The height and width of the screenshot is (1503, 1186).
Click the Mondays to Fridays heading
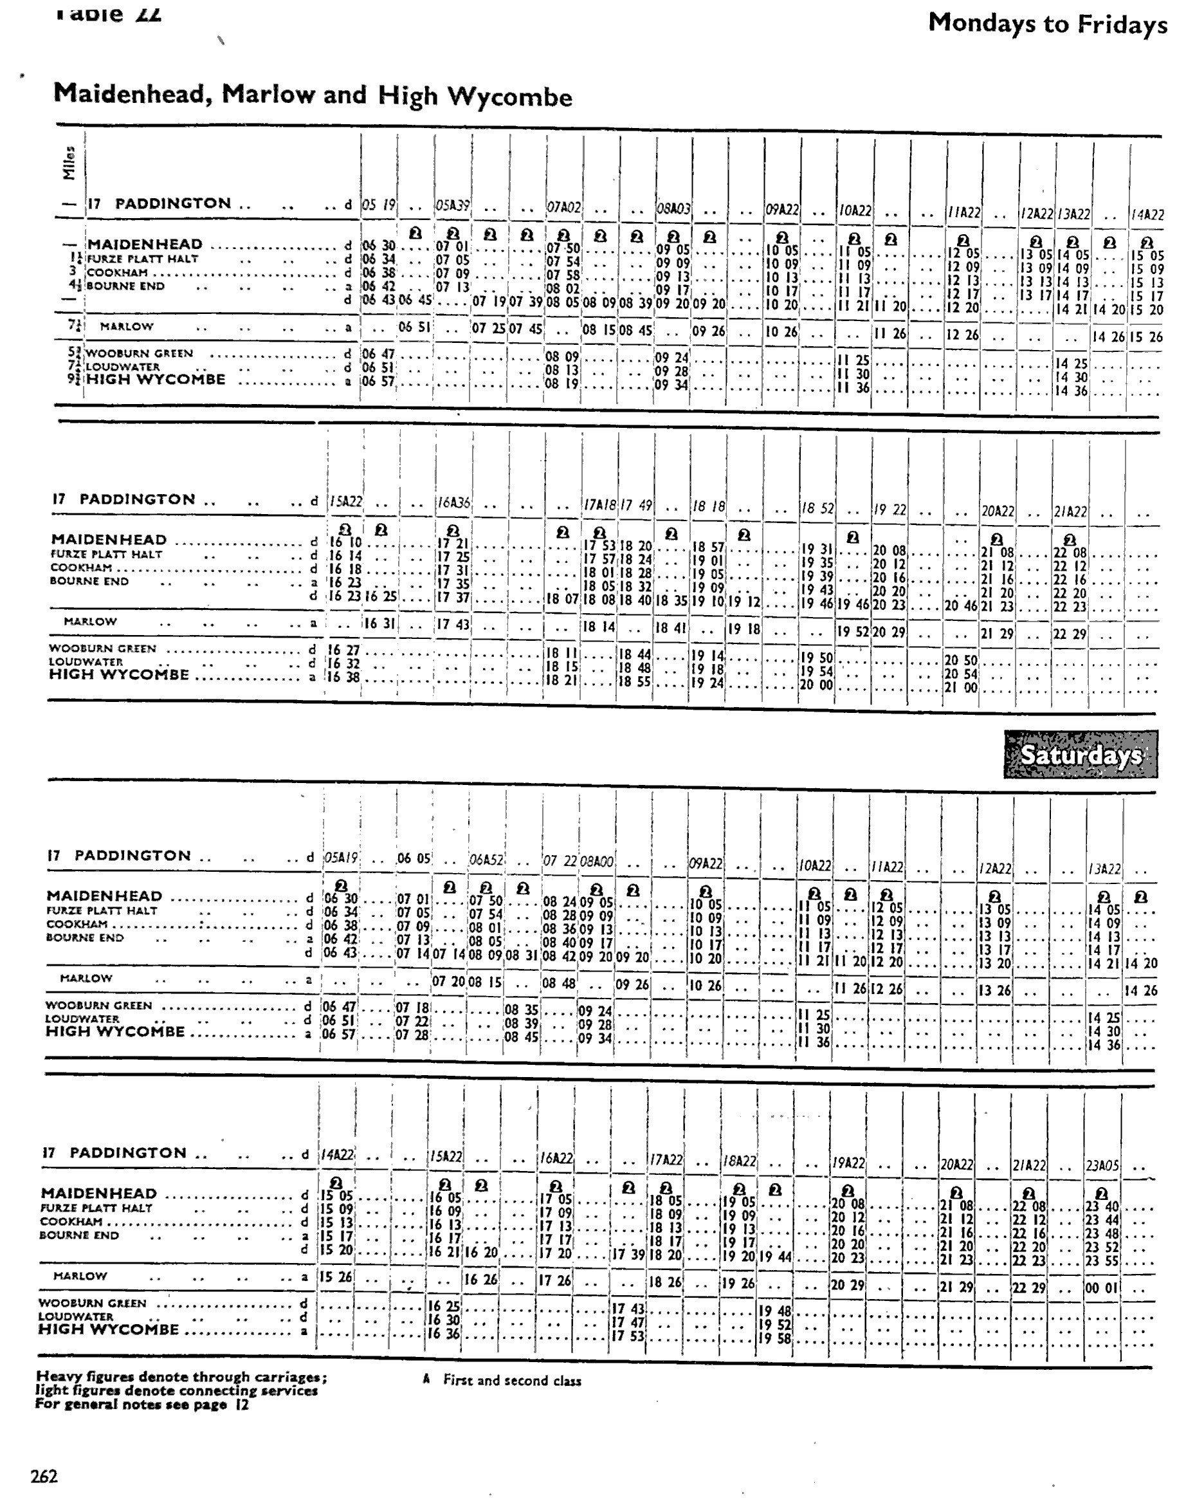[x=1047, y=24]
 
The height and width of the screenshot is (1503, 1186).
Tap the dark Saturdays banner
[x=1081, y=754]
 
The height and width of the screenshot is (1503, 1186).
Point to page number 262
[x=44, y=1476]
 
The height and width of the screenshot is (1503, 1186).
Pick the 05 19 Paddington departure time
[x=378, y=204]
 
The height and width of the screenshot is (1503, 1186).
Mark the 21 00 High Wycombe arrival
[x=960, y=688]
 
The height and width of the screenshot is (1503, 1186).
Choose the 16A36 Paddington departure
[x=452, y=504]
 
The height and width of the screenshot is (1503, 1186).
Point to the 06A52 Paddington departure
[x=487, y=860]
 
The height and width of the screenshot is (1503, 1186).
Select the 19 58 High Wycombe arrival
[x=774, y=1338]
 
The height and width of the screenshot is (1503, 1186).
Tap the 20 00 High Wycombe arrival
[x=816, y=685]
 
